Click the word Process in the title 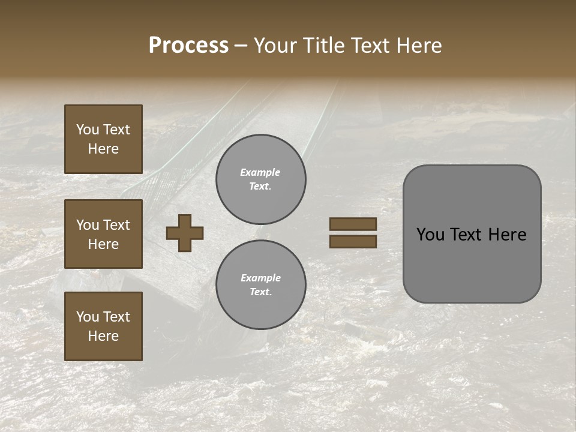click(188, 46)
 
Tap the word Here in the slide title click(418, 46)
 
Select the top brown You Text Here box click(103, 139)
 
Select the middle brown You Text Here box click(103, 234)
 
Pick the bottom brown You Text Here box click(103, 326)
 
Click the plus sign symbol click(185, 233)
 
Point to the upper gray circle click(261, 179)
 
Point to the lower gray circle click(261, 285)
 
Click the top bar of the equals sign click(353, 224)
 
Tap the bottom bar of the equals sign click(353, 241)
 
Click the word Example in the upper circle click(260, 172)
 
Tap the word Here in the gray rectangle click(507, 235)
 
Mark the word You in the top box click(88, 130)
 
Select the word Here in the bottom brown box click(103, 336)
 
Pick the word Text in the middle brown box click(116, 225)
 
